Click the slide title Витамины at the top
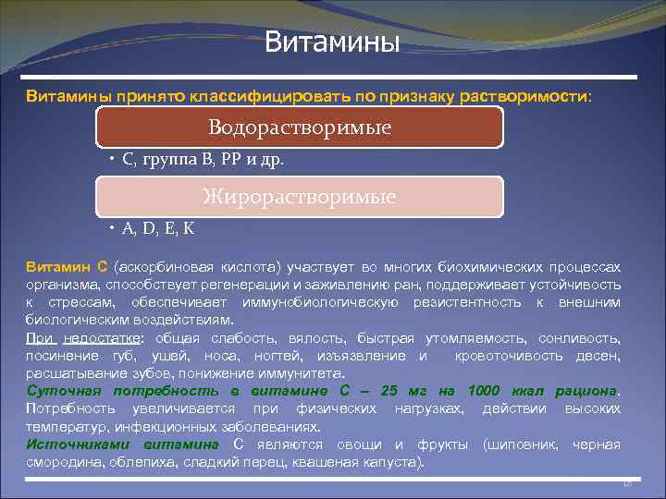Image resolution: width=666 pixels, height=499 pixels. coord(332,43)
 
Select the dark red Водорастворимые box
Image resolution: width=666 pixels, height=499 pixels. coord(300,127)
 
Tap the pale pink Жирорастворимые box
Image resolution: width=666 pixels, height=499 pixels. coord(300,196)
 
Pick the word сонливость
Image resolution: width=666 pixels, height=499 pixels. coord(581,338)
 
